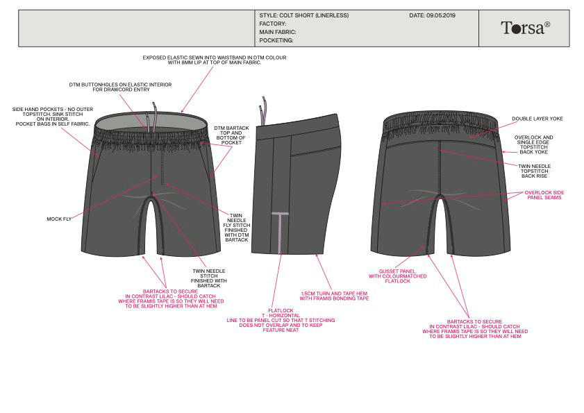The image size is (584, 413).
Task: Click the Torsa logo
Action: pos(525,28)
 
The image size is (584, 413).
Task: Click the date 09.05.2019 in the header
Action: pos(433,15)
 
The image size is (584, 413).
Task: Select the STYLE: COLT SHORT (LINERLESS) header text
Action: pos(303,15)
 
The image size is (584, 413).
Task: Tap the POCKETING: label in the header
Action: pos(277,40)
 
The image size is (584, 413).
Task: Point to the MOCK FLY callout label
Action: pos(59,219)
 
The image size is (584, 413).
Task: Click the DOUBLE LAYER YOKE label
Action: pos(537,119)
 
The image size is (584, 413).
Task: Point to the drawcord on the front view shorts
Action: pos(155,115)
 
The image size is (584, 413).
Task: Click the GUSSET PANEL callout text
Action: pos(397,276)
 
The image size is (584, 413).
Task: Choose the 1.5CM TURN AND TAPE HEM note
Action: pos(335,296)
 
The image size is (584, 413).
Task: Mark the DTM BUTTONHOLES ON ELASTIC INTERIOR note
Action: pos(120,87)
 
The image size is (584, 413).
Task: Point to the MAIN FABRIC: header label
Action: pos(277,32)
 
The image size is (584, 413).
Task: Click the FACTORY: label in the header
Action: pos(272,24)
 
